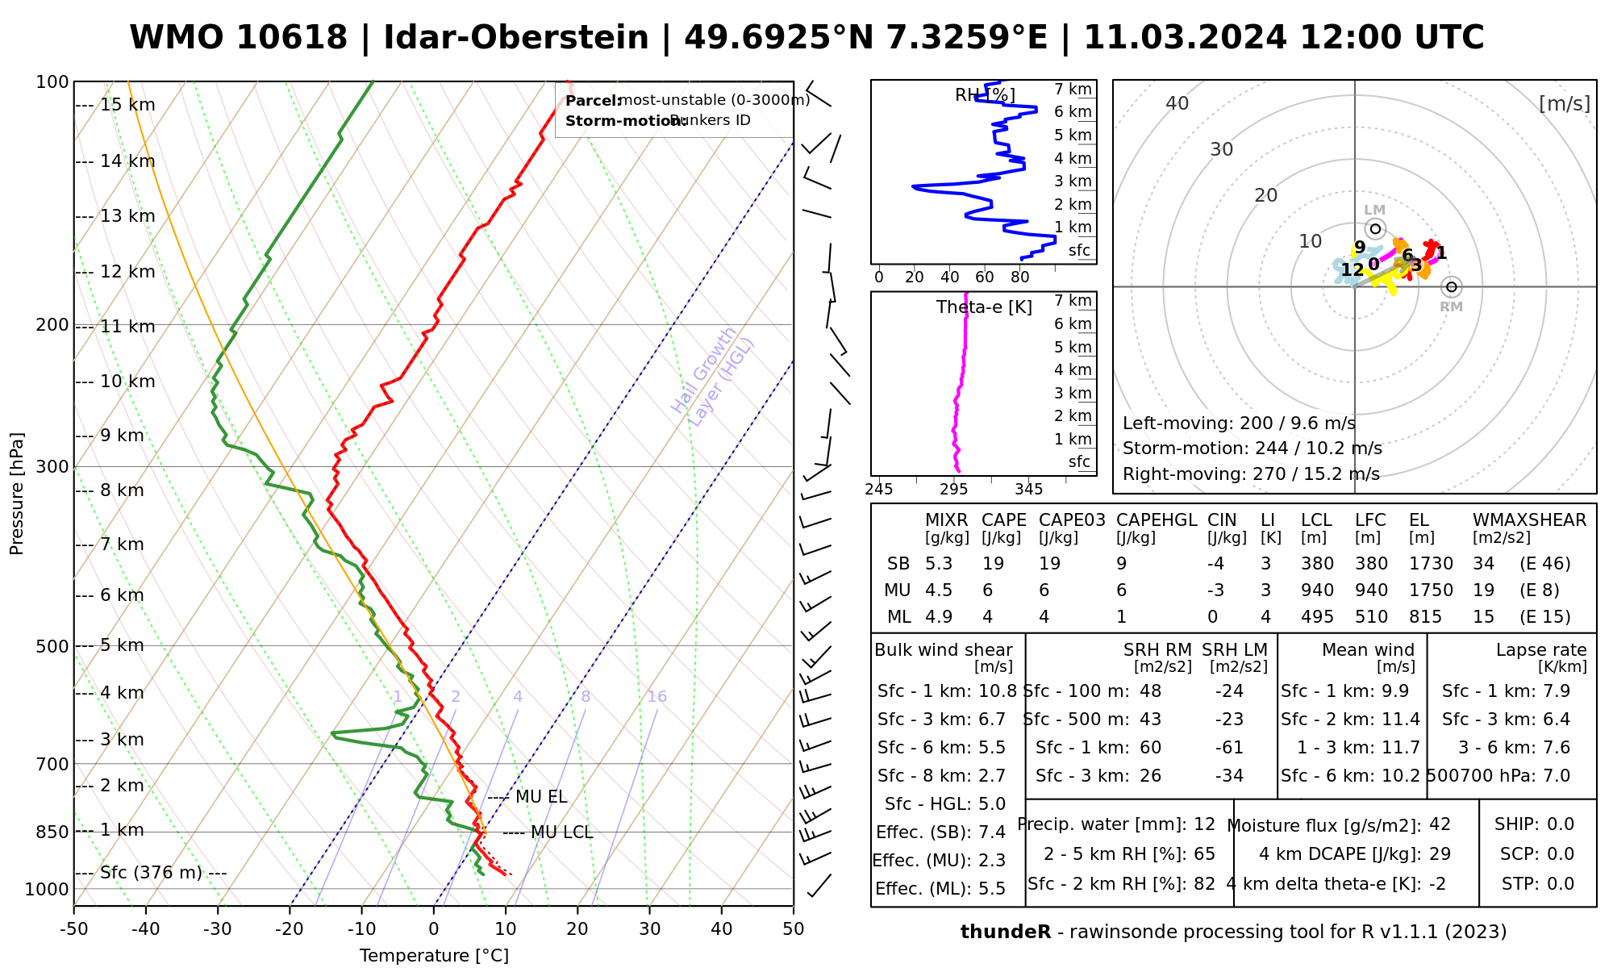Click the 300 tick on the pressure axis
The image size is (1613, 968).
(x=52, y=467)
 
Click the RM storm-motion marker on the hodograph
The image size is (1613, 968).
(x=1452, y=287)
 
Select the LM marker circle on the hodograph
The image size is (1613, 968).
(x=1375, y=229)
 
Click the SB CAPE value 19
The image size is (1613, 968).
(x=993, y=564)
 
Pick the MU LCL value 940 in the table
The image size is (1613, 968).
(x=1317, y=590)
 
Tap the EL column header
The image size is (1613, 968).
(x=1419, y=520)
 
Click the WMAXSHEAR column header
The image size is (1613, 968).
(x=1529, y=520)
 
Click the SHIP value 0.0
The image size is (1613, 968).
(x=1561, y=824)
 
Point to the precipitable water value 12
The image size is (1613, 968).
(x=1204, y=824)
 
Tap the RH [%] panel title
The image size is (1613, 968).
(x=985, y=95)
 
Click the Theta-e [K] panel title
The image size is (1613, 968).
(x=984, y=307)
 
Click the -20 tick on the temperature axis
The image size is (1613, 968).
(x=290, y=929)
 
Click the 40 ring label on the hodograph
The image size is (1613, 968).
(x=1177, y=103)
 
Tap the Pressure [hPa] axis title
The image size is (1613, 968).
(x=17, y=494)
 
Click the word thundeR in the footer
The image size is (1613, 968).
(x=1006, y=933)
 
